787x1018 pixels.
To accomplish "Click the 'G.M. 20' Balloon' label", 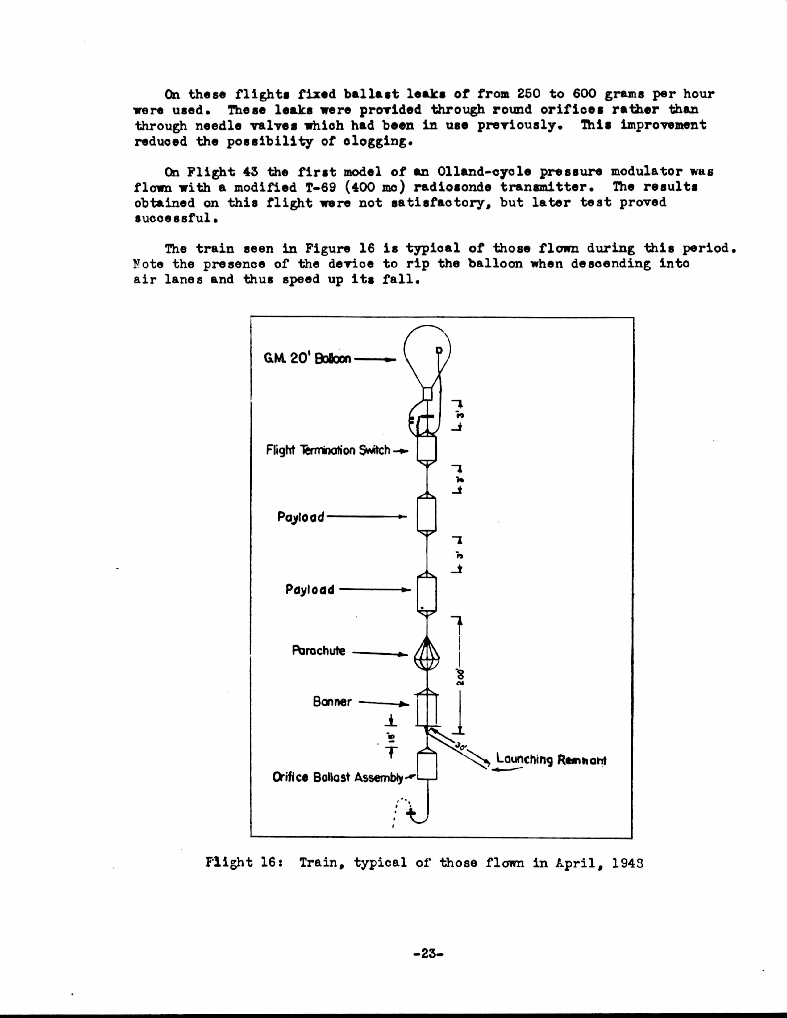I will (x=307, y=359).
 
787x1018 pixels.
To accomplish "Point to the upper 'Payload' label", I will (x=301, y=517).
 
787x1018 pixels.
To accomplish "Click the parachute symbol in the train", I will (x=427, y=654).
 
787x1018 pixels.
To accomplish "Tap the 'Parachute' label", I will (x=319, y=651).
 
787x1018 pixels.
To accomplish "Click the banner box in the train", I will (x=427, y=709).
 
